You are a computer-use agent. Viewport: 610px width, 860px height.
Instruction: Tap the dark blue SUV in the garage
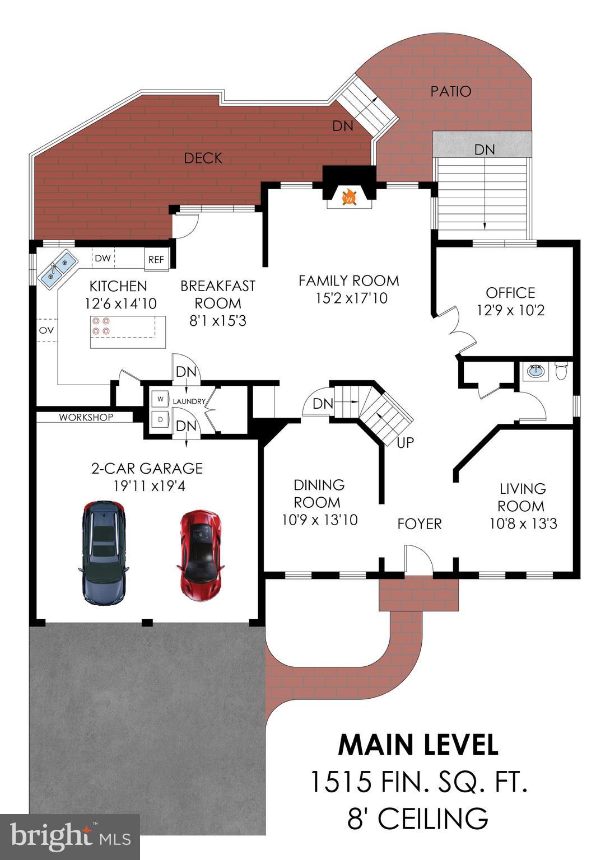(104, 551)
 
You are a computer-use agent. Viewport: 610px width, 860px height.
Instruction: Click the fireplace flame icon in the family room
(349, 198)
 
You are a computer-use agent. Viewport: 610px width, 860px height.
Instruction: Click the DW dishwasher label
(102, 258)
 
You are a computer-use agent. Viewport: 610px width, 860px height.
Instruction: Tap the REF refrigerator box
(156, 260)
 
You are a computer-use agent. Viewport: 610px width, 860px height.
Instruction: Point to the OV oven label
(46, 330)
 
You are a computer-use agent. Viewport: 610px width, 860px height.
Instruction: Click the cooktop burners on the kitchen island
(102, 326)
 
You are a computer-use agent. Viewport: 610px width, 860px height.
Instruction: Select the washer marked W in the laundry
(161, 399)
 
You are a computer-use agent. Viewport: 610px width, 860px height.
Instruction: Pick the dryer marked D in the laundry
(161, 419)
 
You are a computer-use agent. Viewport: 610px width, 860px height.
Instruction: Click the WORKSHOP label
(86, 417)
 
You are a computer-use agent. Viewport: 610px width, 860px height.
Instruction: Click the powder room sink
(536, 370)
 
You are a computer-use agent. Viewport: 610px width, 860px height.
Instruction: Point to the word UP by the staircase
(405, 443)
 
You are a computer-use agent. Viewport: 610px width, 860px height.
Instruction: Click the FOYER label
(420, 524)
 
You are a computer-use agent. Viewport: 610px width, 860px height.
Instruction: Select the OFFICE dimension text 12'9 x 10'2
(510, 310)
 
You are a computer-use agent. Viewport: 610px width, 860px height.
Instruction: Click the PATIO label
(450, 91)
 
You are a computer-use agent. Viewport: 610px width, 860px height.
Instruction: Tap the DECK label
(203, 158)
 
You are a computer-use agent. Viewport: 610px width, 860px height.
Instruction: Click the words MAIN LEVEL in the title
(418, 745)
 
